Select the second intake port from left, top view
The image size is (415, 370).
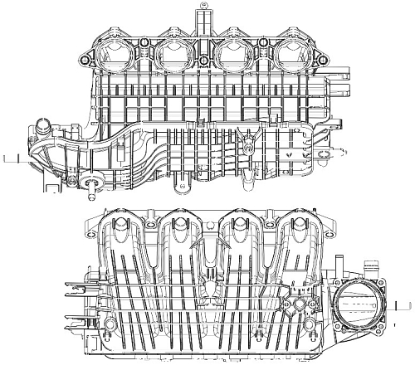[x=172, y=54]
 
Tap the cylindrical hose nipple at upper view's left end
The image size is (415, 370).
[x=41, y=129]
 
